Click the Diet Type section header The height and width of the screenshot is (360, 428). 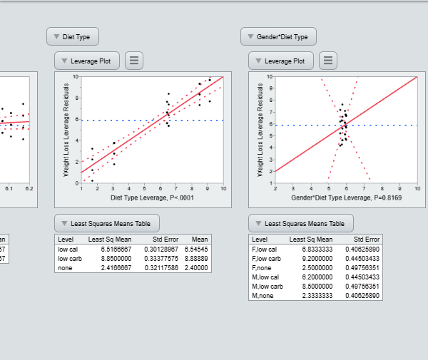click(73, 36)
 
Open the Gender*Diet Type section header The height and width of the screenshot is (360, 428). click(278, 36)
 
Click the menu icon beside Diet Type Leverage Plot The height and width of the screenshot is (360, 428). click(133, 61)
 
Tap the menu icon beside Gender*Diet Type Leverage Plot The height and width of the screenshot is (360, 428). click(327, 61)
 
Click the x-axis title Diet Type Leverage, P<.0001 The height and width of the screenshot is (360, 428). click(152, 197)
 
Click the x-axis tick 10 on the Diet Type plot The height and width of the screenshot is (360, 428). click(223, 189)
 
